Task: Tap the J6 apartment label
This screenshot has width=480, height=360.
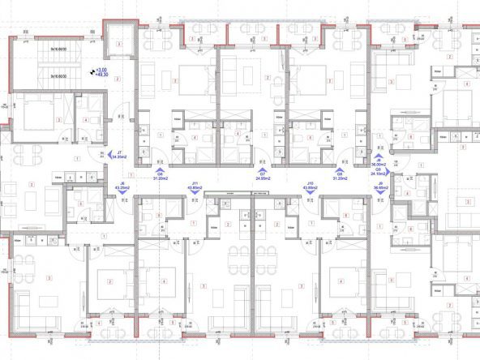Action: [x=122, y=184]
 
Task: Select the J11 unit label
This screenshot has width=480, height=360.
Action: [x=195, y=184]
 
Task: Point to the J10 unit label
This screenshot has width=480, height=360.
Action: [x=310, y=184]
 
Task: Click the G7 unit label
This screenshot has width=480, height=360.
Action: [x=263, y=174]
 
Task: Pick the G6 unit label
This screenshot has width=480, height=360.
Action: [x=160, y=174]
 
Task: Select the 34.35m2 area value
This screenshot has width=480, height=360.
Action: [x=119, y=158]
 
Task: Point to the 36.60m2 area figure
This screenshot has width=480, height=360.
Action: [x=379, y=189]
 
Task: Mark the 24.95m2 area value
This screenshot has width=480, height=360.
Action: [x=263, y=178]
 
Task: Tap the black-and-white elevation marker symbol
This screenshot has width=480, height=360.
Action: [x=92, y=72]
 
